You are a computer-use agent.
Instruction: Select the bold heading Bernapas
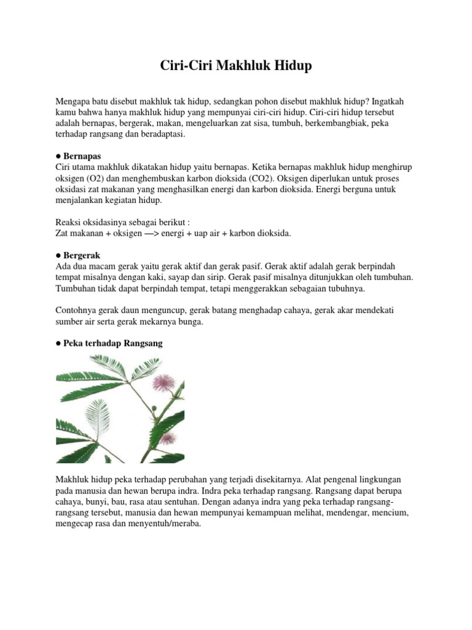point(82,156)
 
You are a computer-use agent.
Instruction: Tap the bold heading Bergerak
point(82,255)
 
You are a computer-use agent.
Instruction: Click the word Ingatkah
point(385,101)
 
